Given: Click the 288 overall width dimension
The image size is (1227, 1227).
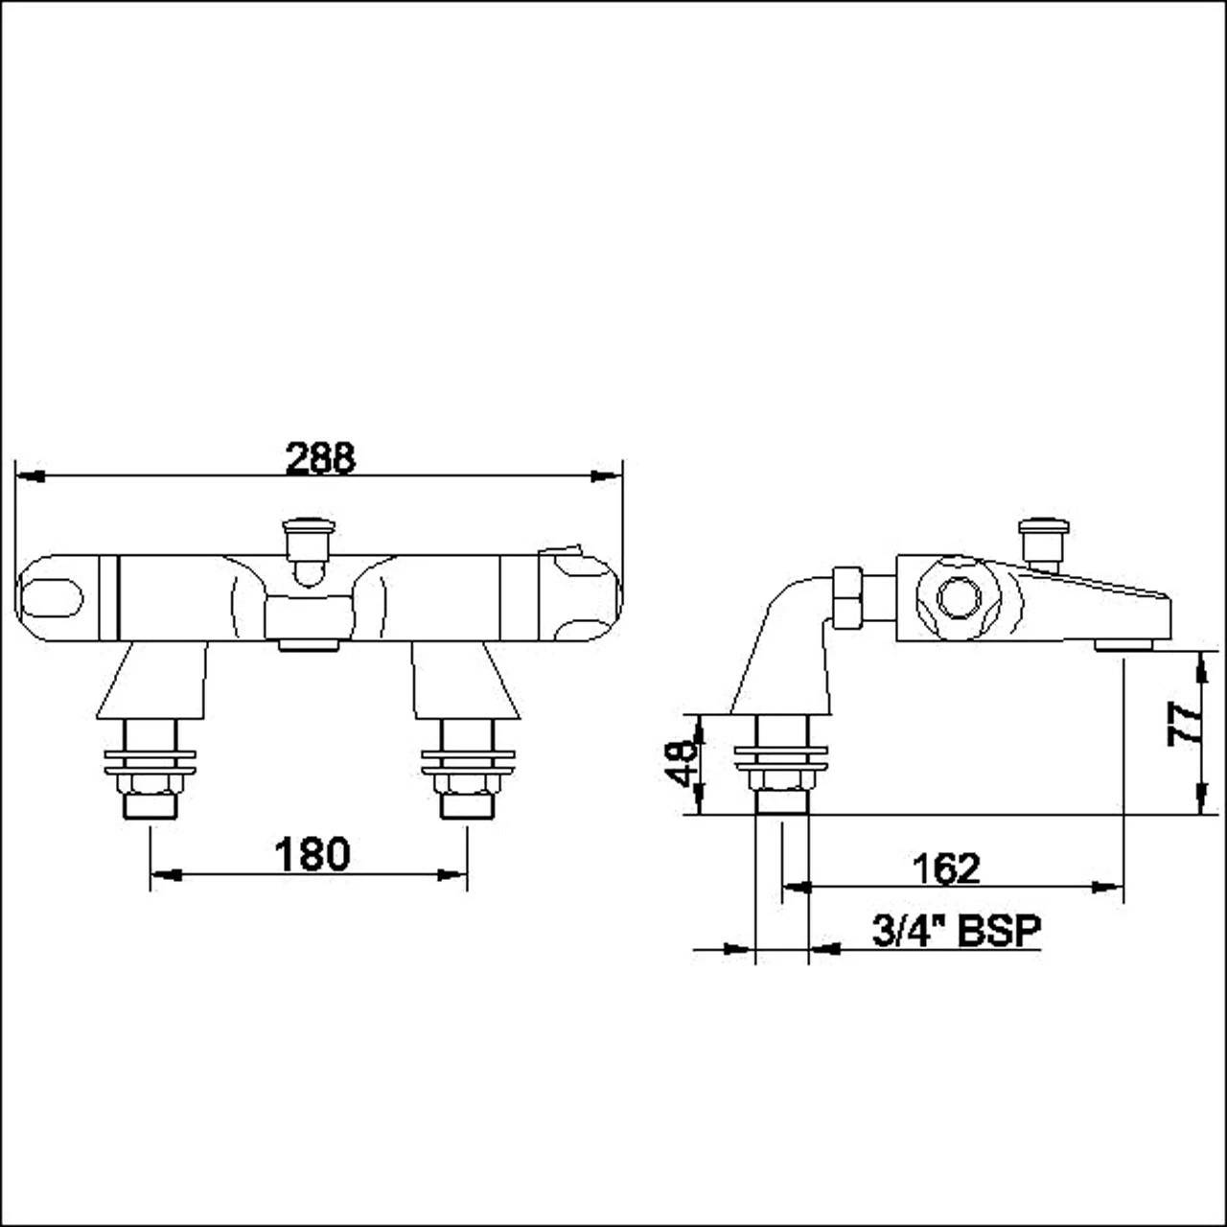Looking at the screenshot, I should (320, 458).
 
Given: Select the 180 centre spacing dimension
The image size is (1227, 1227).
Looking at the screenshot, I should (312, 854).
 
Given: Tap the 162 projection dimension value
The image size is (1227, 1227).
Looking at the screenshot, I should (946, 868).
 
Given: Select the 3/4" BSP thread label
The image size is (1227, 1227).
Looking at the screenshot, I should (956, 930).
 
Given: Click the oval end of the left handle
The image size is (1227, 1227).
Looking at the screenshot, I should (53, 599).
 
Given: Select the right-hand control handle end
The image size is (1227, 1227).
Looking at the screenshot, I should (578, 597).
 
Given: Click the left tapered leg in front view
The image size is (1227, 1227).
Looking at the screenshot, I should (153, 681).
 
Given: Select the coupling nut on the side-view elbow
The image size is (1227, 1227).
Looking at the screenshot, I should (847, 598).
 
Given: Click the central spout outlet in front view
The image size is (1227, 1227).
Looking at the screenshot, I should (309, 645).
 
